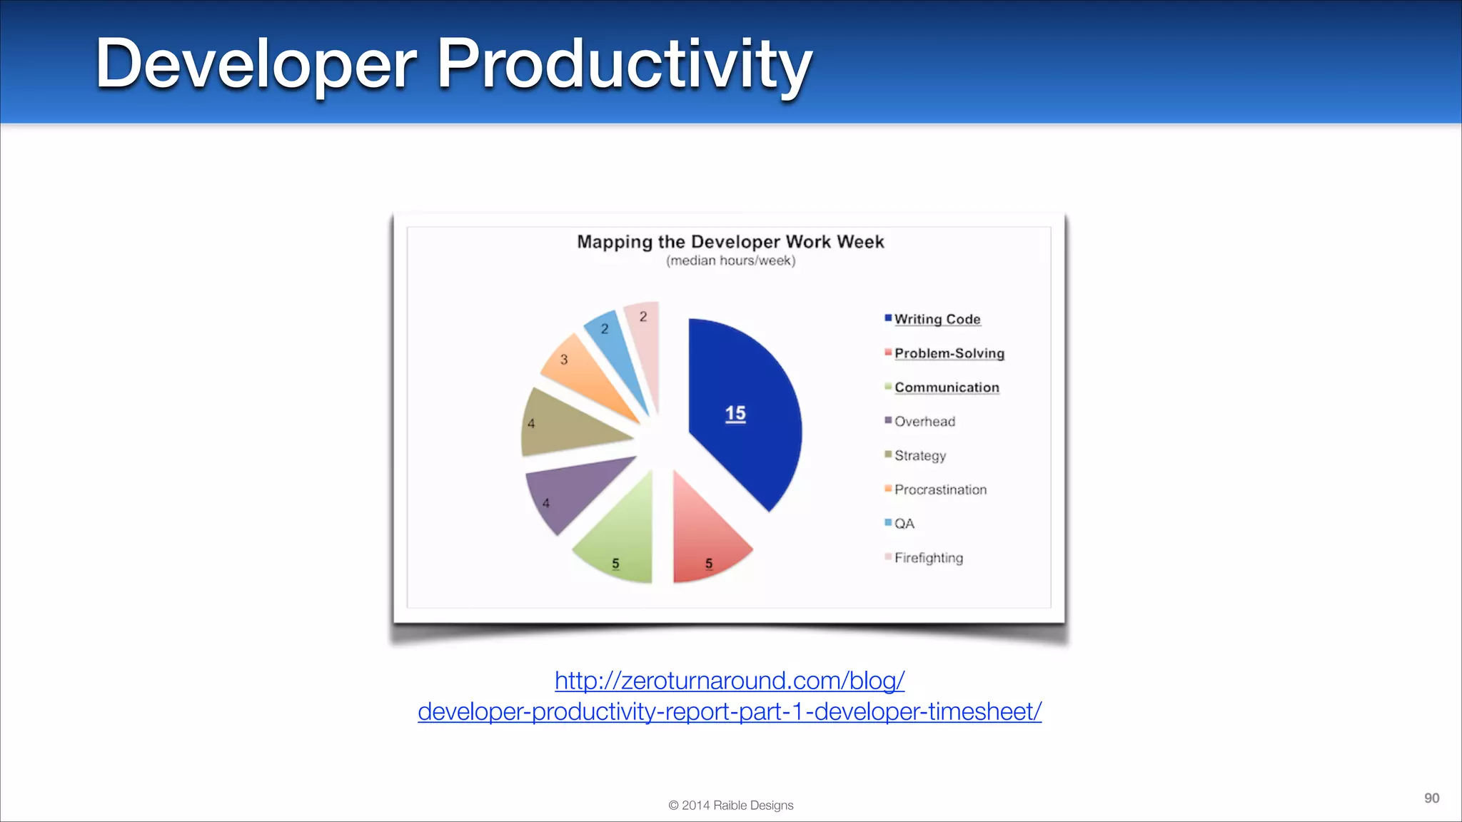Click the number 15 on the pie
[735, 413]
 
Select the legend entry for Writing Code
[937, 319]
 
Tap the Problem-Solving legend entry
[949, 353]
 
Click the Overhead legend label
[924, 422]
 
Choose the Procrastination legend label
[940, 489]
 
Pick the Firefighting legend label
[928, 558]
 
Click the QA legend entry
[904, 524]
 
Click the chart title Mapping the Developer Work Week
[730, 242]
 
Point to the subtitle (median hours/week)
[730, 261]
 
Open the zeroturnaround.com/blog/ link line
[730, 681]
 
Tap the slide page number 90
[1431, 798]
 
